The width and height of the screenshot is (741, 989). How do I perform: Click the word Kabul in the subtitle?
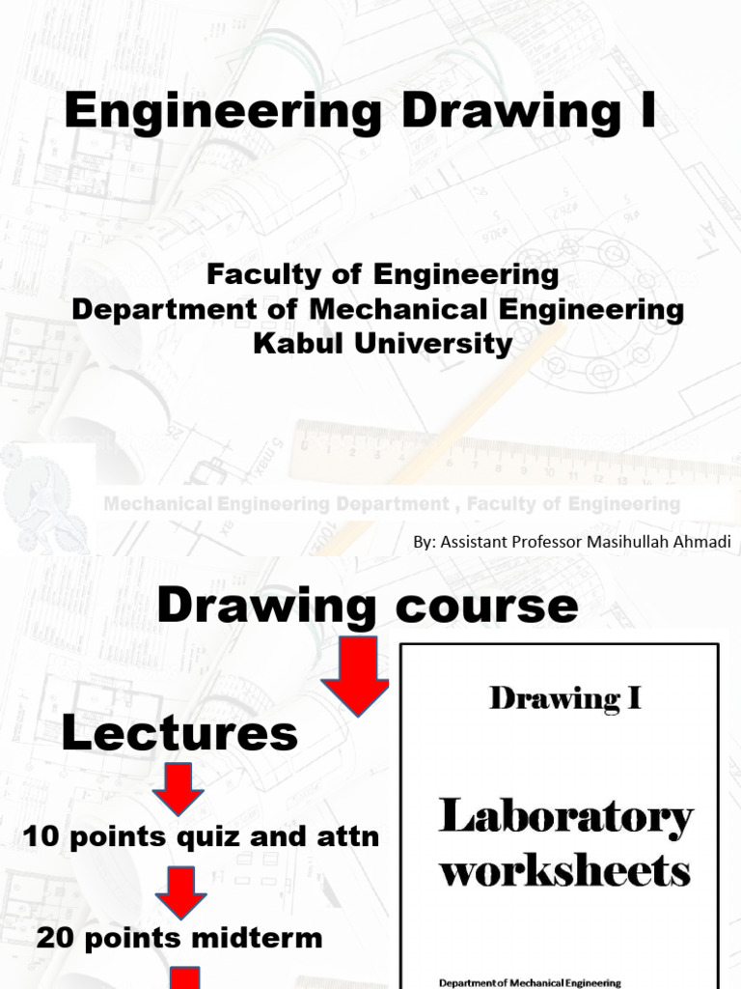pos(292,345)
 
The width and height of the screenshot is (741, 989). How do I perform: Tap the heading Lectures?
pos(179,735)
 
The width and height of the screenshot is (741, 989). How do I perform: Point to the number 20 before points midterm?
pos(56,937)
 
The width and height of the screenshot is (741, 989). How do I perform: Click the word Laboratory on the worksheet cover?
pos(565,817)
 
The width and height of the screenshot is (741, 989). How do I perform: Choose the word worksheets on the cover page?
pos(565,871)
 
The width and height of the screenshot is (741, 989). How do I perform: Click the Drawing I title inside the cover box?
pos(565,697)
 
